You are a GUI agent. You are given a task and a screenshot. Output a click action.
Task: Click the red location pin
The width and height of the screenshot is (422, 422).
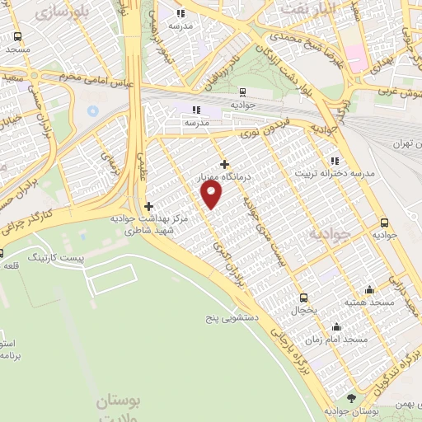click(x=213, y=194)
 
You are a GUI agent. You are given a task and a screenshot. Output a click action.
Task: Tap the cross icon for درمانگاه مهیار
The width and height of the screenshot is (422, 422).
click(x=224, y=164)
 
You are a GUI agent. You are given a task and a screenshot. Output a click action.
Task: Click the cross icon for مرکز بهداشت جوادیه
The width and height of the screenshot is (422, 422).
click(x=148, y=206)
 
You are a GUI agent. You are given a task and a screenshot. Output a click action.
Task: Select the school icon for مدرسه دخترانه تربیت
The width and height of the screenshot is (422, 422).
click(x=334, y=161)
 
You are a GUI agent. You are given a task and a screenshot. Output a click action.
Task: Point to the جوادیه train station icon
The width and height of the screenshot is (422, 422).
click(x=242, y=92)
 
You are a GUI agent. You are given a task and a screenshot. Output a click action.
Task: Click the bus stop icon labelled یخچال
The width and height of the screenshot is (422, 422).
click(x=303, y=298)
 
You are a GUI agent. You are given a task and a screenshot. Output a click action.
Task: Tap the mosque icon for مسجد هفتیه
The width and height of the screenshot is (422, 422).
click(x=368, y=289)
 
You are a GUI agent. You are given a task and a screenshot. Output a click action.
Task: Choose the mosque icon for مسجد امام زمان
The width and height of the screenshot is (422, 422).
click(x=336, y=326)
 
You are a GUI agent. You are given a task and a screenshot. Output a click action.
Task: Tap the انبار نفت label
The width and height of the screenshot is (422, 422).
click(x=307, y=8)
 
